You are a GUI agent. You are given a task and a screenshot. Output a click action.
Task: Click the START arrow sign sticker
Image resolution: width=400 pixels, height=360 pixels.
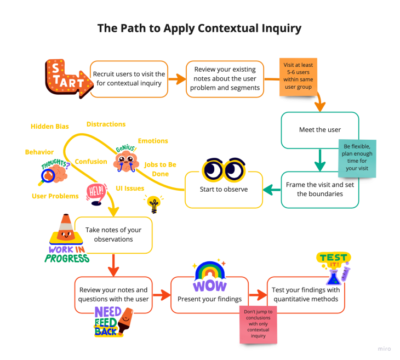66,78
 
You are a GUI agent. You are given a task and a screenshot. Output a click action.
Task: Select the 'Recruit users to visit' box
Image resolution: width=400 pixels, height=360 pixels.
129,79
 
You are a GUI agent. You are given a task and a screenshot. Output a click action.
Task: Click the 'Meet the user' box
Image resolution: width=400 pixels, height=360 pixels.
320,130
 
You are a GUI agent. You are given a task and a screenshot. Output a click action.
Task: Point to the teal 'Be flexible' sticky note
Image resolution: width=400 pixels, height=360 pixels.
357,158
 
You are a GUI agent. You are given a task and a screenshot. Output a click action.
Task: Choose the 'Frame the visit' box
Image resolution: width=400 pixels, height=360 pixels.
320,189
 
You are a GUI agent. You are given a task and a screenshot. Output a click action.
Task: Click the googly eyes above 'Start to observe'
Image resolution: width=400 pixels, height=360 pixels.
224,169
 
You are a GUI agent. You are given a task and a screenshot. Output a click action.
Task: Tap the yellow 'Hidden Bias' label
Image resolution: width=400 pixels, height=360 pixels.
50,127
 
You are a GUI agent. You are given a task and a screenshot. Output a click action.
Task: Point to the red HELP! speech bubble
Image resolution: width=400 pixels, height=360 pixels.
95,192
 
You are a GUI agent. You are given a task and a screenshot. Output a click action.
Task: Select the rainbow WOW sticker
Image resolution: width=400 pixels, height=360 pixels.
208,277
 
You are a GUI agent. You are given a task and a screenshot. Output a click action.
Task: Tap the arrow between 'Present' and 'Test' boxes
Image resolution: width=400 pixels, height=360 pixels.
258,296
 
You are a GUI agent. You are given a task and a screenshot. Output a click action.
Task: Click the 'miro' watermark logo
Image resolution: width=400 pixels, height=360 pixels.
385,348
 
